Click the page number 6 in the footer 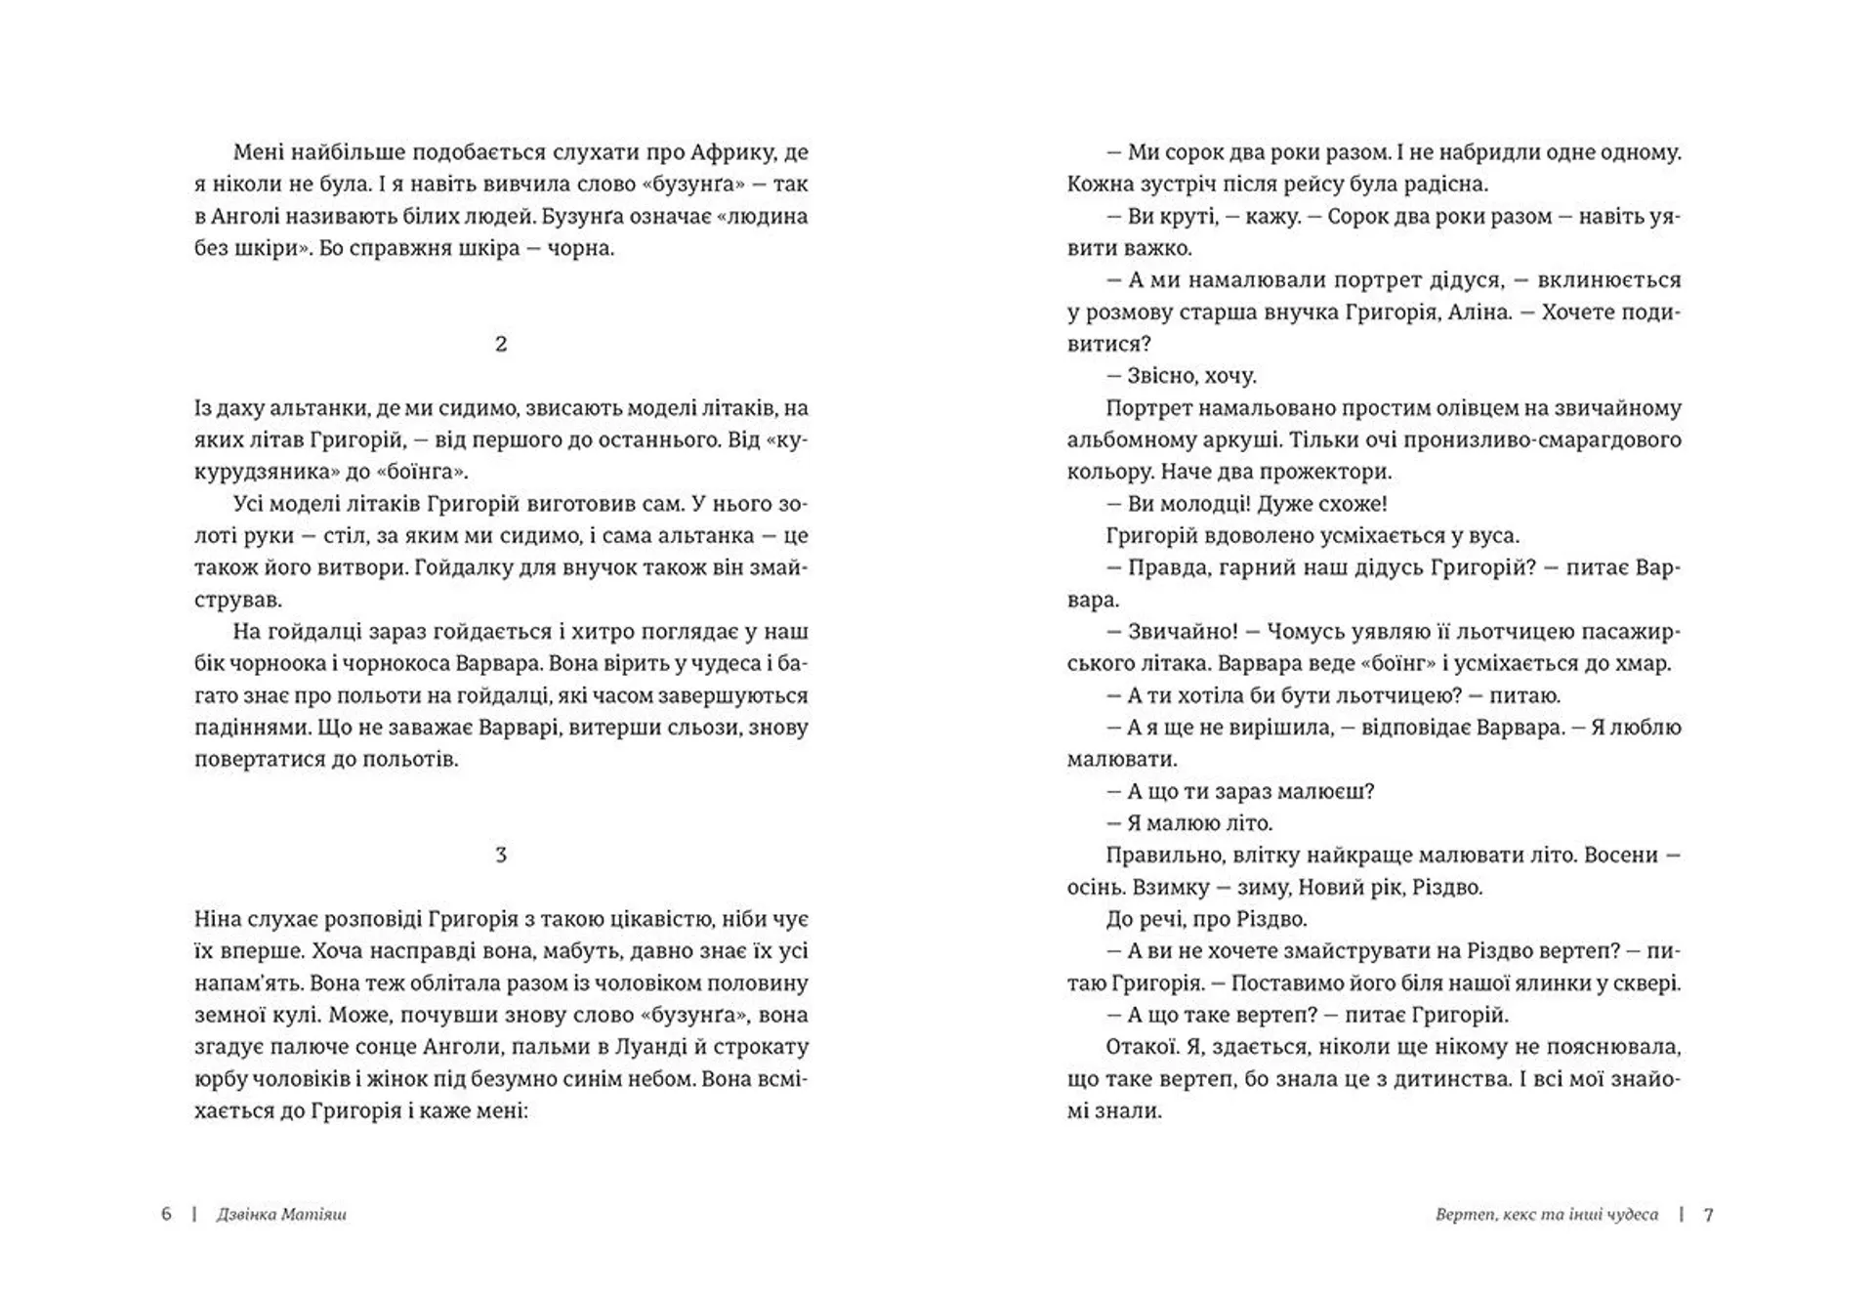tap(166, 1214)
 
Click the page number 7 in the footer tap(1708, 1215)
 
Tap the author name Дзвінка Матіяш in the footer tap(281, 1215)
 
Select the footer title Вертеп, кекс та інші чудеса tap(1546, 1215)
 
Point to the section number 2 tap(501, 344)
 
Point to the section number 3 tap(501, 856)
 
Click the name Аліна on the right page tap(1477, 313)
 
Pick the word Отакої tap(1139, 1047)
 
